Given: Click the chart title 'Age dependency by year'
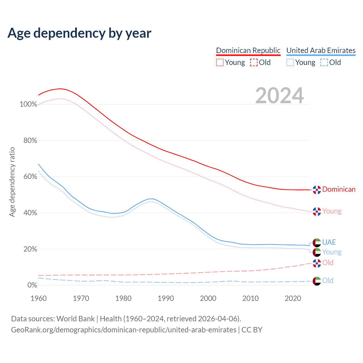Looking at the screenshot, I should click(79, 33).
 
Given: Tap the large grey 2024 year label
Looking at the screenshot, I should click(279, 96).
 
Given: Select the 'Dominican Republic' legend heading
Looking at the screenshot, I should click(248, 50).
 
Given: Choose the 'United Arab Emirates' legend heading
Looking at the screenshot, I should click(321, 50).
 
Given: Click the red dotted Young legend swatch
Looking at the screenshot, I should click(220, 62).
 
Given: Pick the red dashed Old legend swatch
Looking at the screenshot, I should click(254, 62).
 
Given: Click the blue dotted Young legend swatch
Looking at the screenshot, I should click(290, 62).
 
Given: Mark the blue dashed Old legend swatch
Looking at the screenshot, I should click(324, 62).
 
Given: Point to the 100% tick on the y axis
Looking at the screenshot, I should click(28, 104).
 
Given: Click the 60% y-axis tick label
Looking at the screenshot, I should click(30, 177).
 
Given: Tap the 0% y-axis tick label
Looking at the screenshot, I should click(32, 285).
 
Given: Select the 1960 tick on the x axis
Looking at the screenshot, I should click(39, 298).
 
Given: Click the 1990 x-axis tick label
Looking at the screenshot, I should click(166, 298).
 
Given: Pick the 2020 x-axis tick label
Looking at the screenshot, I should click(293, 298).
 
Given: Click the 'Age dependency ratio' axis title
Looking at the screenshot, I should click(12, 182).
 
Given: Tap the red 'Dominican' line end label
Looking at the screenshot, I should click(339, 189).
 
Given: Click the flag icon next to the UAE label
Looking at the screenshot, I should click(316, 243).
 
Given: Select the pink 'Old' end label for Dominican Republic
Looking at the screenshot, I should click(328, 263).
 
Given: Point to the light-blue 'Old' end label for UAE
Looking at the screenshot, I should click(328, 281).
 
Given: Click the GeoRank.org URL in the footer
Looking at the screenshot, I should click(124, 330).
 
